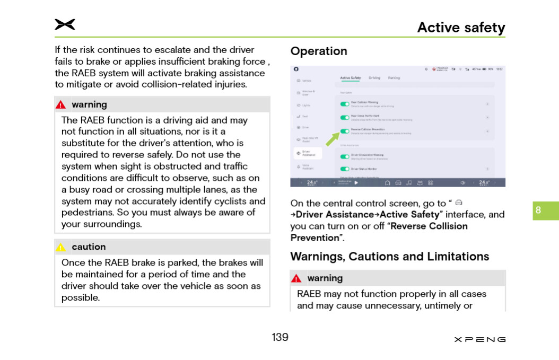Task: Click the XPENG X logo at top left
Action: click(x=65, y=24)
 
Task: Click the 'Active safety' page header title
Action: click(x=461, y=28)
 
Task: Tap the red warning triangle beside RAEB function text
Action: click(x=61, y=105)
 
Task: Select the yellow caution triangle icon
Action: click(x=61, y=247)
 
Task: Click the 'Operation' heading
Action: click(x=319, y=51)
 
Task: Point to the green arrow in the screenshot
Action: click(x=332, y=139)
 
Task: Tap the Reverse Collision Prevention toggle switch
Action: click(x=345, y=131)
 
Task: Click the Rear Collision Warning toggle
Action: click(x=345, y=103)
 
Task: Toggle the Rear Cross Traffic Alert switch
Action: click(x=345, y=117)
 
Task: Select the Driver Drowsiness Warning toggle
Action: click(x=345, y=156)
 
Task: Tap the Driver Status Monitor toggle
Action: click(x=345, y=169)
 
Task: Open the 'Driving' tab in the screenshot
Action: click(x=374, y=78)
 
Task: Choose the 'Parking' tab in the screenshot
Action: click(x=394, y=78)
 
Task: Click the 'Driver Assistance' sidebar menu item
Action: click(x=308, y=153)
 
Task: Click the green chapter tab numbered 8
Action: click(x=545, y=210)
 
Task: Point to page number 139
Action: click(x=280, y=337)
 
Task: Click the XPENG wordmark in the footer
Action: click(x=479, y=339)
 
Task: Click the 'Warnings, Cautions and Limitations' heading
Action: click(x=390, y=257)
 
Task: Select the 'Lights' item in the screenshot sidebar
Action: click(x=306, y=105)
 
